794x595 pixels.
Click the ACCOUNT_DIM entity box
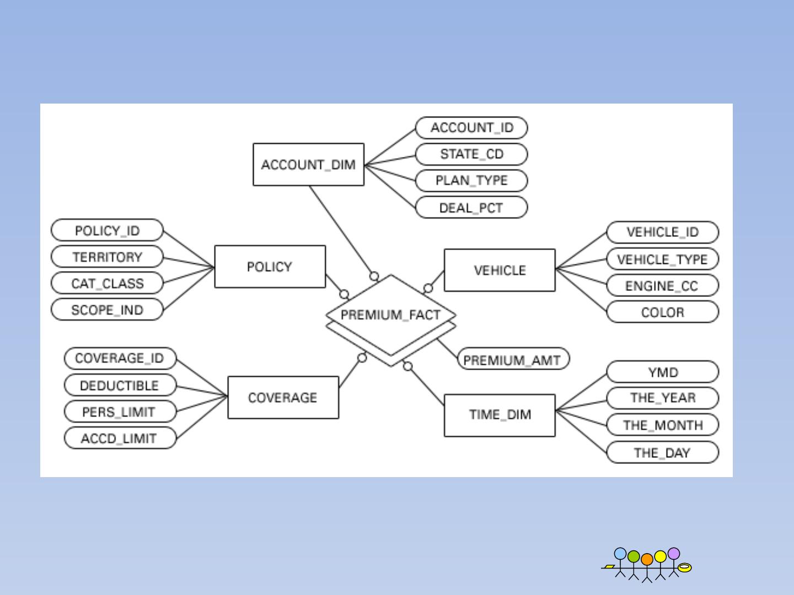(x=308, y=165)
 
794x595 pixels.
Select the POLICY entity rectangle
(x=270, y=267)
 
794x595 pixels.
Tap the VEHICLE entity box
(x=500, y=270)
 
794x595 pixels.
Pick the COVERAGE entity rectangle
(x=283, y=397)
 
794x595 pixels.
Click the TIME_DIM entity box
(x=500, y=415)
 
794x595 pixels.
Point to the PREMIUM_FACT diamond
(x=390, y=315)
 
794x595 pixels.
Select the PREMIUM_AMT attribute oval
(x=513, y=360)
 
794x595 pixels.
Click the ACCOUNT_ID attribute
(x=471, y=128)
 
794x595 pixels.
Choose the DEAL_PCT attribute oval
(x=471, y=208)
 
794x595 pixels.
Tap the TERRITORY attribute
(x=107, y=257)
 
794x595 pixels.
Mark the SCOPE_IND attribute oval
(x=107, y=310)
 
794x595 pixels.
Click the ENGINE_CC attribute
(x=662, y=286)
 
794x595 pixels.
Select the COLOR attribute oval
(x=662, y=312)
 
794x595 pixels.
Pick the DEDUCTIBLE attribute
(x=120, y=385)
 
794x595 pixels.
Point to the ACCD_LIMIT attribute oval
(x=120, y=439)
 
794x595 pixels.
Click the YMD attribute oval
(x=662, y=372)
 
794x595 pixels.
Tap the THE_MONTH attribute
(x=662, y=425)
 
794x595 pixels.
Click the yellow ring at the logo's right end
(x=684, y=567)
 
